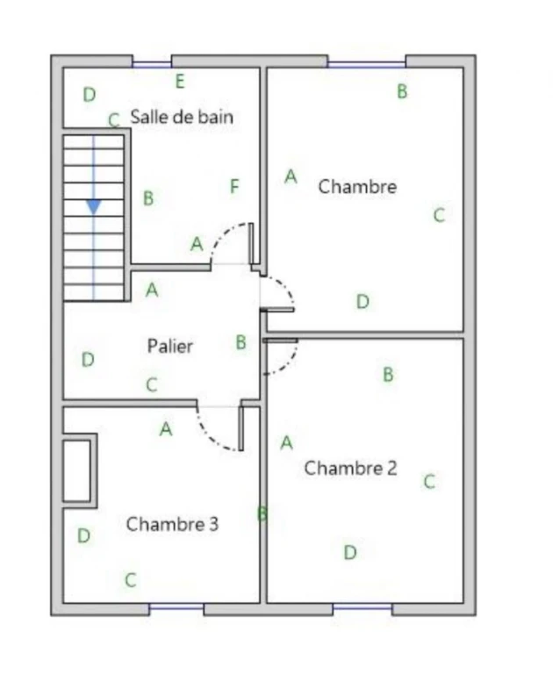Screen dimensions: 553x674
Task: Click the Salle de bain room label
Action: [x=182, y=117]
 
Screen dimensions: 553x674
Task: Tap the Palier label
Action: [x=170, y=346]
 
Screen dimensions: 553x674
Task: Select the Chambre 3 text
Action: [x=172, y=524]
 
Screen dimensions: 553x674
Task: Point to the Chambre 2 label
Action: [x=350, y=468]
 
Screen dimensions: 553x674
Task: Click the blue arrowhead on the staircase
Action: [x=94, y=207]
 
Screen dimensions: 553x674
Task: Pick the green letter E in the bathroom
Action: [x=180, y=82]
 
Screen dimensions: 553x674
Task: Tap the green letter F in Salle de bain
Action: [x=234, y=187]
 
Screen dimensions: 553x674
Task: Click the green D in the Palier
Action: [x=88, y=359]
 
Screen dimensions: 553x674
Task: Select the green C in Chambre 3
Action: [x=131, y=580]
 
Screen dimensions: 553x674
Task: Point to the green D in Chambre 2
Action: [x=350, y=552]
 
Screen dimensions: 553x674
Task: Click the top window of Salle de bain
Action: [x=151, y=64]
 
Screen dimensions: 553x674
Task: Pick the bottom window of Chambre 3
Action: [x=176, y=607]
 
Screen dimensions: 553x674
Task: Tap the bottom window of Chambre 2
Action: [x=362, y=607]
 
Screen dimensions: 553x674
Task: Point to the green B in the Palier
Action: [x=241, y=342]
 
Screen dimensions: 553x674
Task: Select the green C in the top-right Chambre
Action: [x=439, y=215]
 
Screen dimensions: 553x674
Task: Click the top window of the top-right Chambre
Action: [x=366, y=64]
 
